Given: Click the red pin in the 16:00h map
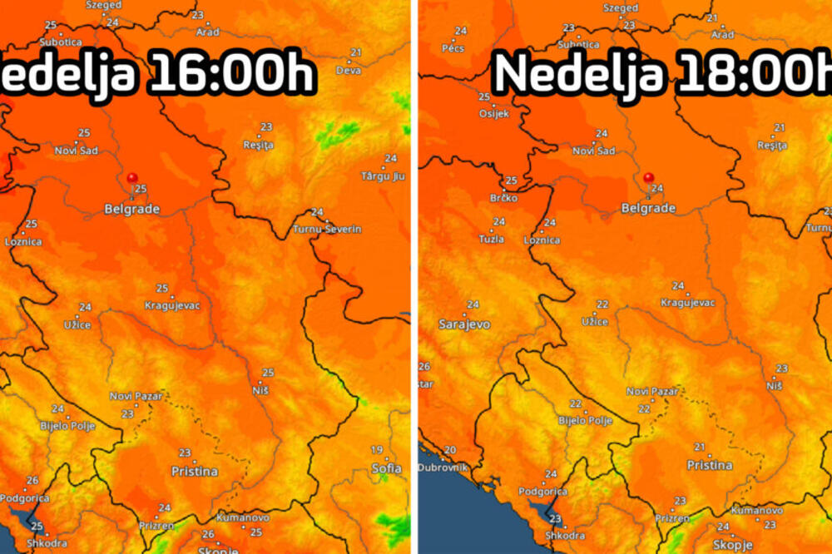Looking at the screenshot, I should pos(132,178).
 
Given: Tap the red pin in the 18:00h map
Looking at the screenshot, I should pos(649,177).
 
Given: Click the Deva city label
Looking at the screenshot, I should pos(349,71).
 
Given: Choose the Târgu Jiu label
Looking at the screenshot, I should pos(383,176).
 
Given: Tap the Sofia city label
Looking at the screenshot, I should pos(386,468).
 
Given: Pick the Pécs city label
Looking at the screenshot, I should pos(453,48).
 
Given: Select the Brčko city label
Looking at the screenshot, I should pos(503,198).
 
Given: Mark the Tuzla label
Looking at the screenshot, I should pos(491,239).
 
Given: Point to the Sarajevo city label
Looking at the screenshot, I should pos(464,324).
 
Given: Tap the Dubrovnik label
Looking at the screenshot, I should pos(443,467).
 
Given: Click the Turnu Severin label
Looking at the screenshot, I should pos(327,229).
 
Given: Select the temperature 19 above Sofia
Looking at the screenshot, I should pos(377,450).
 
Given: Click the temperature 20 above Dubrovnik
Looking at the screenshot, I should pos(450,450).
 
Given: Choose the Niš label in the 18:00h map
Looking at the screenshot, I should pos(775,385).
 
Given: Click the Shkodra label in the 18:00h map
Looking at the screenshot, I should pos(567,536).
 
